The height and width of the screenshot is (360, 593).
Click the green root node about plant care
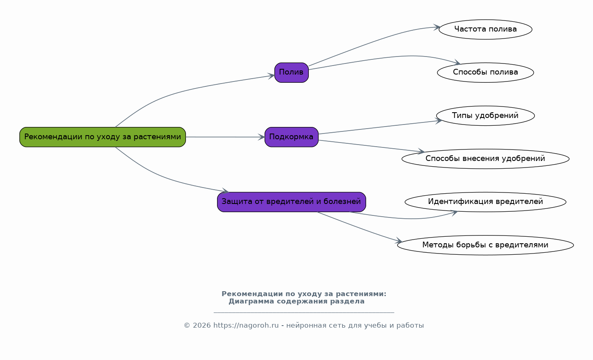102,137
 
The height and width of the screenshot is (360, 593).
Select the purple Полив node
292,72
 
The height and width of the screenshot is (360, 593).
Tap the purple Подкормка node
292,137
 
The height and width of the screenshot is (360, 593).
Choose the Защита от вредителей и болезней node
292,202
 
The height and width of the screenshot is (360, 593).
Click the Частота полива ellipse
486,29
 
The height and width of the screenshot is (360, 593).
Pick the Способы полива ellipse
486,72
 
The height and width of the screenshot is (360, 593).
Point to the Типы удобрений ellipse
486,115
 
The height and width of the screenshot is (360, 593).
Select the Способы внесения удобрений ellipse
486,159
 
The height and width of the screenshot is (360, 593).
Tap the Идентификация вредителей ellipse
486,202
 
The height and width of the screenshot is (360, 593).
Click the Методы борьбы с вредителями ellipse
486,245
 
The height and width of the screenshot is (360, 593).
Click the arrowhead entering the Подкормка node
262,137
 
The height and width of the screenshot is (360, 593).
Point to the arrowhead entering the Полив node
272,76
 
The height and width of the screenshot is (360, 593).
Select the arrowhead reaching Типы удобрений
439,121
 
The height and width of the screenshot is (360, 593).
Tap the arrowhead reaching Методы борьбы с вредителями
399,241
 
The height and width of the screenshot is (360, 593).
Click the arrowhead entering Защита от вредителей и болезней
226,190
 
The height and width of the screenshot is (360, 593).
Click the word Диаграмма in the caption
251,301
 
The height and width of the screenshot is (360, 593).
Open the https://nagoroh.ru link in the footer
246,325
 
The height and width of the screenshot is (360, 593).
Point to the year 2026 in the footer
202,325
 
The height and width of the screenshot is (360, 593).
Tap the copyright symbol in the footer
187,325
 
